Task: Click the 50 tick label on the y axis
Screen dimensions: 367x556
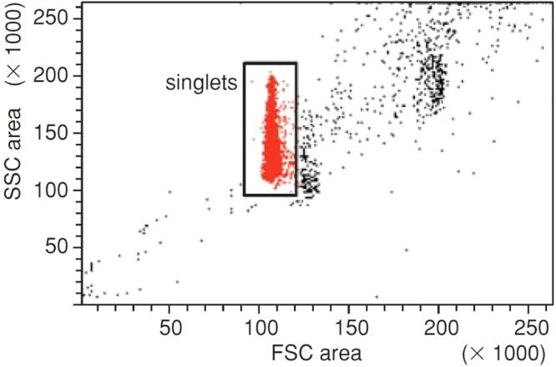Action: (57, 247)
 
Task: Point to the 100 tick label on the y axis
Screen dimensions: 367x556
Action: (52, 190)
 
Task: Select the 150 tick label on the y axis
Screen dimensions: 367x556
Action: (52, 133)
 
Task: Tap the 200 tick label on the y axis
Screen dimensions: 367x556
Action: (52, 76)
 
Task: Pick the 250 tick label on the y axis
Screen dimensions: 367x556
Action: (52, 18)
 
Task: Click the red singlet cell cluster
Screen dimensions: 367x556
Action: (270, 134)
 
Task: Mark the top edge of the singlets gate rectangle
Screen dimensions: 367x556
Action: (270, 63)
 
